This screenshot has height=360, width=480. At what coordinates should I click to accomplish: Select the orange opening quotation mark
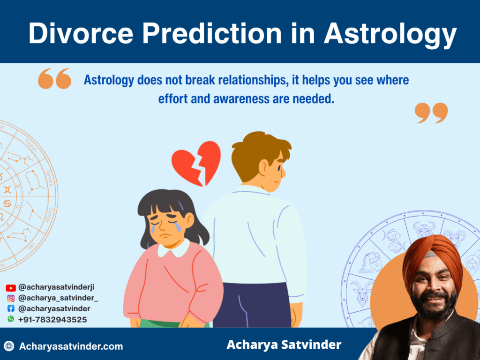[55, 78]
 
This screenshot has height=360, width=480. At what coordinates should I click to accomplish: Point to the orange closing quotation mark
[431, 113]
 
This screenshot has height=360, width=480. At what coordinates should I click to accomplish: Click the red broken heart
[196, 162]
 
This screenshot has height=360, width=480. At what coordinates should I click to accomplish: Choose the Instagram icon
[11, 299]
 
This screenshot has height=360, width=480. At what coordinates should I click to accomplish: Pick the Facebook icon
[11, 309]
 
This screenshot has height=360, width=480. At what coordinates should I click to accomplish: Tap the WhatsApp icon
[11, 319]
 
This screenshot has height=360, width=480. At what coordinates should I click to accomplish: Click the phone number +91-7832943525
[52, 319]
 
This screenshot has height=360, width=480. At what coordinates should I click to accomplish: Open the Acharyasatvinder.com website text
[71, 346]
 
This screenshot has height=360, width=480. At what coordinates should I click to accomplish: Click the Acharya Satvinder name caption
[284, 345]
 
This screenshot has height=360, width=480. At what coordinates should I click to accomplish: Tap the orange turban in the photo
[431, 255]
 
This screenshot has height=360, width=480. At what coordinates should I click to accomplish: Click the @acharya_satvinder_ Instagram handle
[58, 299]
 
